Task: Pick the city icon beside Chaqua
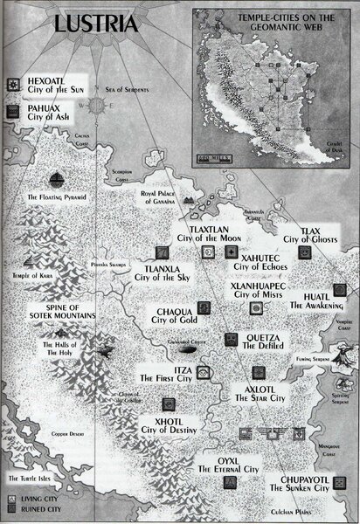204,308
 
